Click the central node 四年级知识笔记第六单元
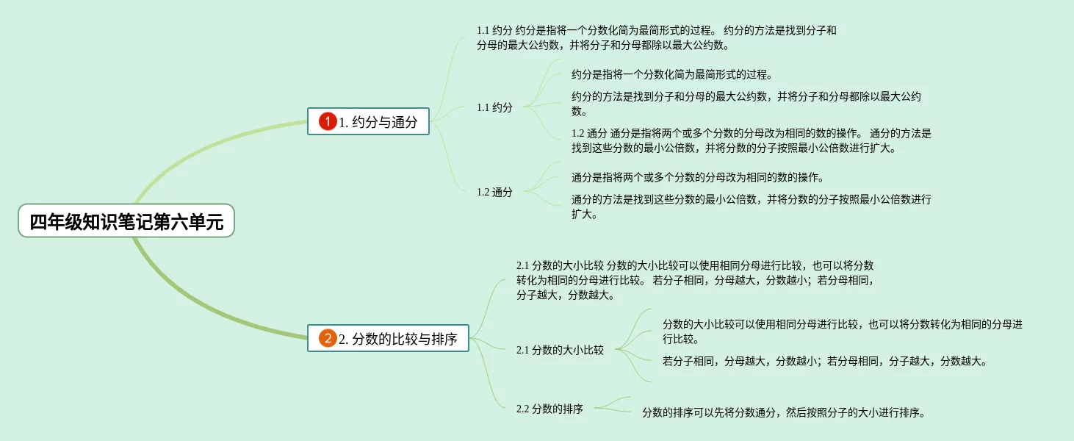click(x=126, y=221)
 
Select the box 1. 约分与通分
click(x=368, y=122)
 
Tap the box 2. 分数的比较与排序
click(x=388, y=339)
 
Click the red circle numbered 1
click(x=328, y=122)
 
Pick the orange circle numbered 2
click(x=328, y=339)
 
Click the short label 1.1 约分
click(x=494, y=107)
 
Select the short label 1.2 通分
click(x=494, y=192)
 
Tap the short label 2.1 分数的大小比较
click(x=560, y=350)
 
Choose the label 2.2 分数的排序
click(x=549, y=409)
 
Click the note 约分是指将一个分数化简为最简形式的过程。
click(x=671, y=74)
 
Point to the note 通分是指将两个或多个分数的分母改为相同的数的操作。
click(x=697, y=177)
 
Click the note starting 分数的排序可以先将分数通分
click(x=783, y=412)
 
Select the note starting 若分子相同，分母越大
click(x=825, y=361)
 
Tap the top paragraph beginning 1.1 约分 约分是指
click(x=656, y=37)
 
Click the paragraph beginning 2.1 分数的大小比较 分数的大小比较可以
click(x=695, y=280)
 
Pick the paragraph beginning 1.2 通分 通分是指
click(x=751, y=140)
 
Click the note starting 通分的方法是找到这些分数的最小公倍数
click(x=751, y=207)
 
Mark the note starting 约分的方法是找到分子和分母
click(x=746, y=104)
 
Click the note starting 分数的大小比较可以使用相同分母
click(x=842, y=331)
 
